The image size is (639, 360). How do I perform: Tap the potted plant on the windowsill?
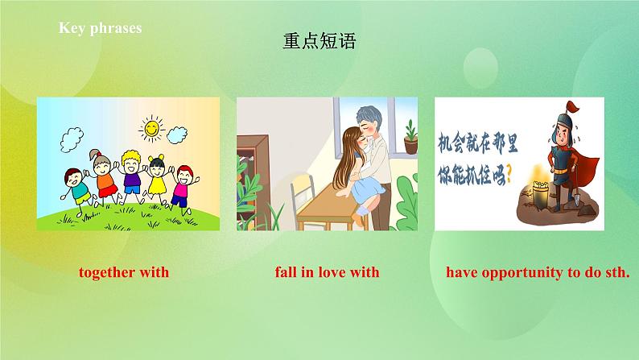point(410,137)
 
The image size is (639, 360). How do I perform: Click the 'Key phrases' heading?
point(99,27)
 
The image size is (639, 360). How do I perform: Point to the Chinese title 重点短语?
point(319,41)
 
